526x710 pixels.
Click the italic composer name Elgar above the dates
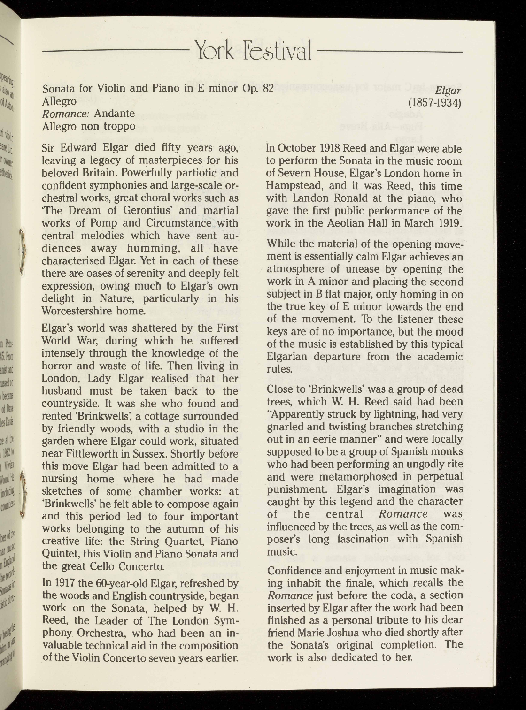(449, 90)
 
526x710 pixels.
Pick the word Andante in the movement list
(114, 114)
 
